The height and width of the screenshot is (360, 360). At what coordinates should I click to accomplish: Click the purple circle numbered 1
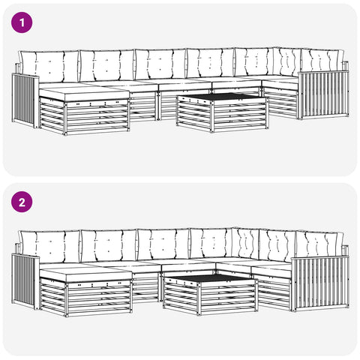click(x=22, y=22)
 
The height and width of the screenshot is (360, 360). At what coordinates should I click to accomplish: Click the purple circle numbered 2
click(x=22, y=202)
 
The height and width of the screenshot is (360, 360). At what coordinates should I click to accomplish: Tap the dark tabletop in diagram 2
click(x=209, y=277)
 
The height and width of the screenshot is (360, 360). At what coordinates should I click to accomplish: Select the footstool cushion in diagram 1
click(x=84, y=94)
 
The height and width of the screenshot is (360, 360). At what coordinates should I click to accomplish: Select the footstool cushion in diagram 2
click(x=85, y=274)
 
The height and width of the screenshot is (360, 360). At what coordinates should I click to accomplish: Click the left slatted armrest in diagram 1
click(x=25, y=100)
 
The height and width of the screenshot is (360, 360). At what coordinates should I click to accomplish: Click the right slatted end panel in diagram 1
click(x=323, y=95)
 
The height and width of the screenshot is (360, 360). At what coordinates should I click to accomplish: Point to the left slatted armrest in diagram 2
click(x=25, y=281)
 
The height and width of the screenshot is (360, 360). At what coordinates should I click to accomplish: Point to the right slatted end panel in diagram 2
click(x=320, y=283)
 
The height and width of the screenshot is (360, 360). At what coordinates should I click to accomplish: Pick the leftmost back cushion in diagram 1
click(x=49, y=67)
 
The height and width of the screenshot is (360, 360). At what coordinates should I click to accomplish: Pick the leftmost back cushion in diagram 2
click(x=50, y=247)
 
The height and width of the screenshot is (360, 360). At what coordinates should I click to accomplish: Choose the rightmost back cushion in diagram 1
click(x=322, y=61)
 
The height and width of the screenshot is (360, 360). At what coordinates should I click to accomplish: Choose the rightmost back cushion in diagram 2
click(x=319, y=244)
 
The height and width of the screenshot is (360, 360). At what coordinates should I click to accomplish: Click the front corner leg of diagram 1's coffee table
click(x=212, y=115)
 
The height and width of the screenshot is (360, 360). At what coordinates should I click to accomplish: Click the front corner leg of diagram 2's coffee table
click(x=199, y=298)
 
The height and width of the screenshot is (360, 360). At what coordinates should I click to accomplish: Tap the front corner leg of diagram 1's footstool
click(x=65, y=118)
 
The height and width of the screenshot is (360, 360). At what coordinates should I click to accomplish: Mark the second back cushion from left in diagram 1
click(x=107, y=65)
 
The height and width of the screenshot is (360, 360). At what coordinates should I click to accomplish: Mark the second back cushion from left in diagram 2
click(x=109, y=246)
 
